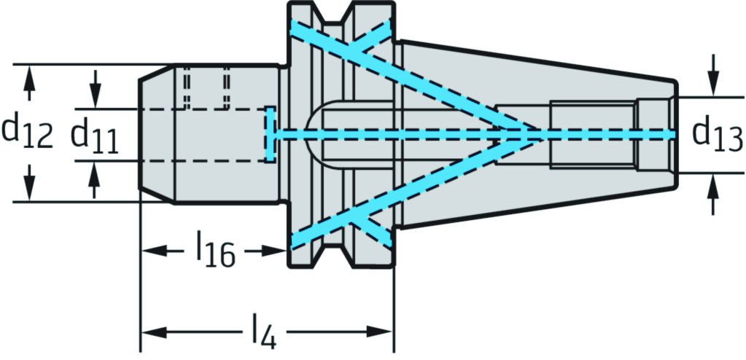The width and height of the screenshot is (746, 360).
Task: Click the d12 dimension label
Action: click(x=28, y=133)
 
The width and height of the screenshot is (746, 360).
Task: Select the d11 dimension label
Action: click(x=95, y=135)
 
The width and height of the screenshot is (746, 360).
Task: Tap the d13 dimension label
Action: click(x=717, y=134)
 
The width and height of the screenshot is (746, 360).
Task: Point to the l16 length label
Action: click(x=215, y=251)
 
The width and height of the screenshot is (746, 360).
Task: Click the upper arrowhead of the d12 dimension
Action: click(x=29, y=73)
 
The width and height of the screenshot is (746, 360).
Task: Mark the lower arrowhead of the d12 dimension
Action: click(x=29, y=192)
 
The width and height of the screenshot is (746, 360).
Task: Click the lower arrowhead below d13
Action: click(x=713, y=182)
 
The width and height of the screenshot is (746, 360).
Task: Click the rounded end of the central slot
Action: click(x=314, y=135)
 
